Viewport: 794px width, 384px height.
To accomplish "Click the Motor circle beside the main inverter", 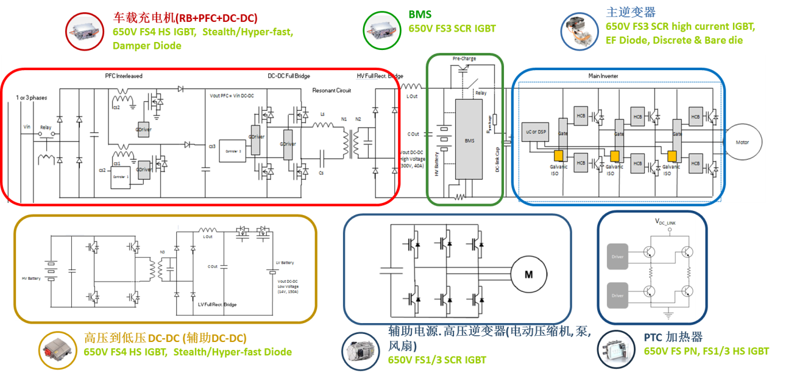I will pos(742,142).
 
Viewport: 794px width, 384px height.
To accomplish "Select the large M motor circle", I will pos(528,274).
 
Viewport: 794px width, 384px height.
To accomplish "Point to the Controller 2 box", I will pos(233,149).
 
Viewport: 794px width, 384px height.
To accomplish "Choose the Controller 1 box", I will pos(121,176).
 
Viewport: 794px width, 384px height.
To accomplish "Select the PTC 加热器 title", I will pos(673,337).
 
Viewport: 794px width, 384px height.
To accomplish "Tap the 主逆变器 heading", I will pos(631,12).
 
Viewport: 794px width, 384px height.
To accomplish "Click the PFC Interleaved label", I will pos(124,76).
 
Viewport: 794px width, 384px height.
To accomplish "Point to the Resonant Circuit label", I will pos(331,90).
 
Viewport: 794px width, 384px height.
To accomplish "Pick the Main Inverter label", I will pos(603,76).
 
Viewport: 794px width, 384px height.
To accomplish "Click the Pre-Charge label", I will pos(464,59).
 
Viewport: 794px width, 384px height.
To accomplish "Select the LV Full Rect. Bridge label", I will pos(217,304).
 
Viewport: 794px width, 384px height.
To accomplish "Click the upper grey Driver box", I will pos(617,257).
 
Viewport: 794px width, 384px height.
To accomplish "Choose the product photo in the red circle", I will pos(83,31).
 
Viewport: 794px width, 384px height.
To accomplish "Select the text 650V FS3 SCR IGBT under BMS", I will pos(452,28).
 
